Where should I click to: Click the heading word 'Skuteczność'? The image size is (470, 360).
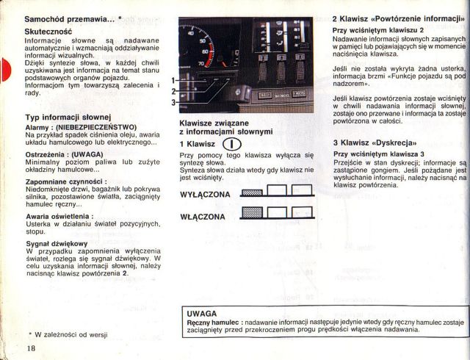pyautogui.click(x=48, y=32)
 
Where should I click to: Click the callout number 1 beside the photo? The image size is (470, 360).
pyautogui.click(x=173, y=80)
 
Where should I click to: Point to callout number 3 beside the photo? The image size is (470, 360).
pyautogui.click(x=173, y=102)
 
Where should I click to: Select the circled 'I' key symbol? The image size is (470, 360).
pyautogui.click(x=229, y=144)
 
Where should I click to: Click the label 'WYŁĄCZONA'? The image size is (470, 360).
pyautogui.click(x=205, y=194)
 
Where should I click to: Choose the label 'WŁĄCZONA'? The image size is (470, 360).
pyautogui.click(x=203, y=217)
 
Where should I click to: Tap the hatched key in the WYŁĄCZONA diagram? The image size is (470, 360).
pyautogui.click(x=252, y=193)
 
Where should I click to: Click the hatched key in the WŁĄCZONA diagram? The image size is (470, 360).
pyautogui.click(x=252, y=214)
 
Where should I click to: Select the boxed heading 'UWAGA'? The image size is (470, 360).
pyautogui.click(x=202, y=313)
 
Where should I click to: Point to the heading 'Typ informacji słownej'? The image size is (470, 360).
pyautogui.click(x=67, y=118)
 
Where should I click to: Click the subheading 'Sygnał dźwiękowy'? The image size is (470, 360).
pyautogui.click(x=56, y=243)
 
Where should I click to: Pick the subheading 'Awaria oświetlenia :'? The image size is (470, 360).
pyautogui.click(x=59, y=216)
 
